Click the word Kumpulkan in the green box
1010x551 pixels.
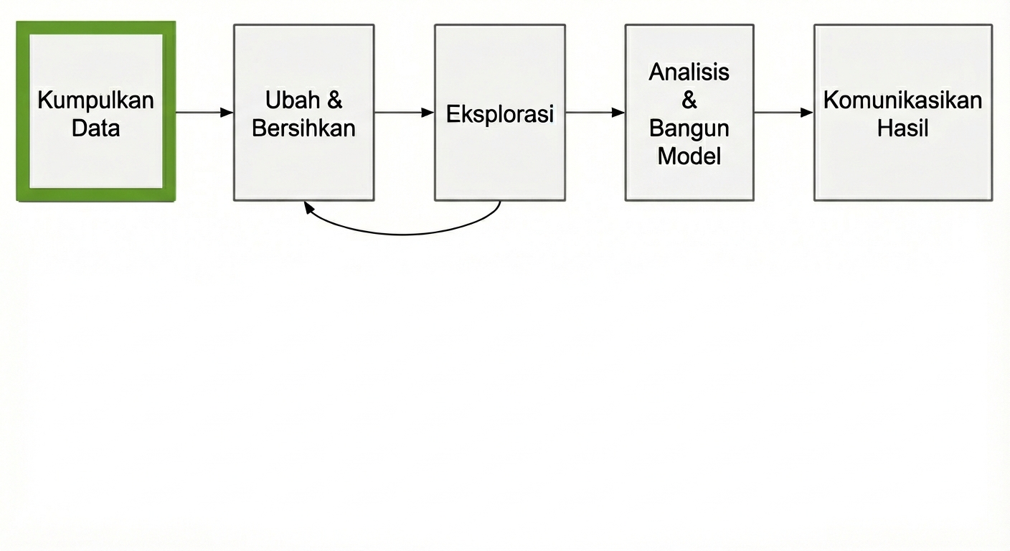coord(95,100)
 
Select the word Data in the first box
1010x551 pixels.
coord(95,129)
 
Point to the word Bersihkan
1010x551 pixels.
coord(303,128)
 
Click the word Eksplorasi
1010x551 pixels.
coord(500,114)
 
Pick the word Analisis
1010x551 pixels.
coord(689,72)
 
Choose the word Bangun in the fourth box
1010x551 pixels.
coord(689,128)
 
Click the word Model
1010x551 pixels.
coord(689,156)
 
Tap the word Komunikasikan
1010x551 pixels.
coord(902,100)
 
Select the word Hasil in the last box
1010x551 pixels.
coord(902,128)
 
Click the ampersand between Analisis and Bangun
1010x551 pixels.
coord(689,100)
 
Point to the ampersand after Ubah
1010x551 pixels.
coord(335,100)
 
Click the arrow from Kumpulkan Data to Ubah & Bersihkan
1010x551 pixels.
coord(204,113)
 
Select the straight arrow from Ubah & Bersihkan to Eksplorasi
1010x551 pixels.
coord(404,113)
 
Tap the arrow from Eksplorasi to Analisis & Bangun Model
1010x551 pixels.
coord(595,113)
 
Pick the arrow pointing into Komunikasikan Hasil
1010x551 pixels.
coord(783,113)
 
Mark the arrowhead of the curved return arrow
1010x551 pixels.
coord(308,207)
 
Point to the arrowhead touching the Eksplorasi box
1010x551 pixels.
coord(428,113)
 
